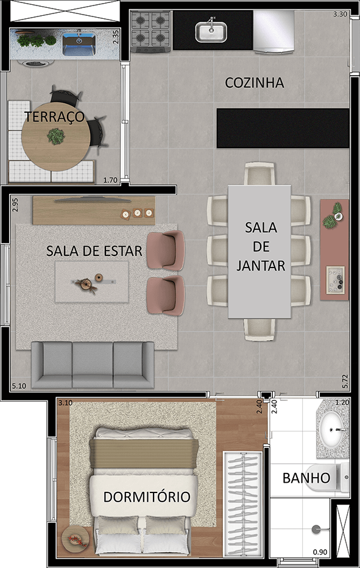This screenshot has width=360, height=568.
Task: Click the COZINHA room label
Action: pyautogui.click(x=254, y=83)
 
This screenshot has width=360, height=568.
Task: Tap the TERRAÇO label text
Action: pyautogui.click(x=54, y=118)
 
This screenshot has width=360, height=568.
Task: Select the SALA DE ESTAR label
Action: pyautogui.click(x=94, y=250)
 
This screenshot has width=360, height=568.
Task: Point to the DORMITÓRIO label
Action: pyautogui.click(x=147, y=497)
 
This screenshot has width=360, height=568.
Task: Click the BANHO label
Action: pyautogui.click(x=306, y=478)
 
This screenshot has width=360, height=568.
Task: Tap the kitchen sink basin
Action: pyautogui.click(x=211, y=31)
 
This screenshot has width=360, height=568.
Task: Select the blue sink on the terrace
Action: pyautogui.click(x=79, y=43)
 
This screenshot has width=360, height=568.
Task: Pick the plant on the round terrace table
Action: pyautogui.click(x=56, y=136)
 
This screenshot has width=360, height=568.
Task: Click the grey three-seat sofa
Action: pyautogui.click(x=93, y=364)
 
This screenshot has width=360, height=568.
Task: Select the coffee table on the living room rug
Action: pyautogui.click(x=91, y=282)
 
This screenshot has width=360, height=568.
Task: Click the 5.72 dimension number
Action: pyautogui.click(x=345, y=382)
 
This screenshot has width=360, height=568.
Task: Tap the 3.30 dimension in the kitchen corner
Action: pyautogui.click(x=340, y=14)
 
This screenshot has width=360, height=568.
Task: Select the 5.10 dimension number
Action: pyautogui.click(x=19, y=386)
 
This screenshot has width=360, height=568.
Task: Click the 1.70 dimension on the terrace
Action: pyautogui.click(x=110, y=180)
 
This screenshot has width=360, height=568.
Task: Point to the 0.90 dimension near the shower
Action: pyautogui.click(x=319, y=552)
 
